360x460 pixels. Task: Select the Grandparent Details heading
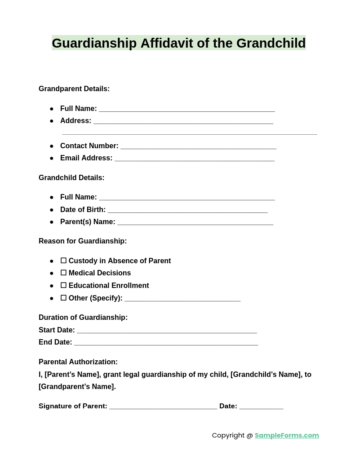(74, 89)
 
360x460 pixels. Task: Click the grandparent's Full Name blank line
(187, 109)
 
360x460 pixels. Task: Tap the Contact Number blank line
(198, 146)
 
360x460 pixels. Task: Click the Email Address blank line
(194, 159)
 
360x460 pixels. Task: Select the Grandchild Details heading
(71, 178)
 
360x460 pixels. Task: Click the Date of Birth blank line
(187, 210)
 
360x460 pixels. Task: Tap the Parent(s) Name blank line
(195, 222)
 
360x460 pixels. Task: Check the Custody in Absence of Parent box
(63, 261)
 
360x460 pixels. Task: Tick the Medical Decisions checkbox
(63, 273)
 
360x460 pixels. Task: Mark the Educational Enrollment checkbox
(63, 285)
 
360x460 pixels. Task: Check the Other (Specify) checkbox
(63, 298)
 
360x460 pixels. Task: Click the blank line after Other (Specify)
(182, 299)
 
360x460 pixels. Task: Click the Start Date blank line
(167, 331)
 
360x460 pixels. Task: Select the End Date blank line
(166, 343)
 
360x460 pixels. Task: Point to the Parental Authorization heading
(78, 362)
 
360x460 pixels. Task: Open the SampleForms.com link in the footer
(287, 435)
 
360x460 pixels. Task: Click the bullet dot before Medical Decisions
(52, 273)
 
